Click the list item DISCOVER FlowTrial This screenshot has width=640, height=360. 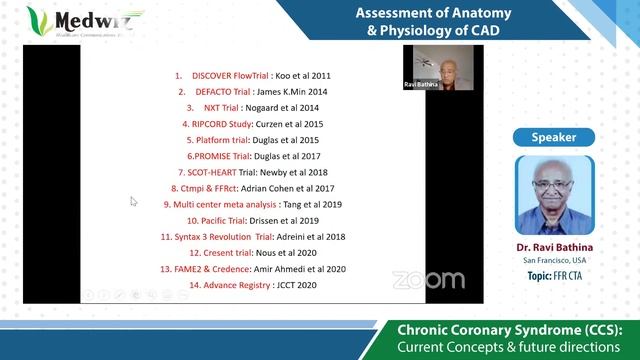pyautogui.click(x=252, y=75)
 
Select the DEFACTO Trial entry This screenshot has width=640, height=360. pyautogui.click(x=252, y=91)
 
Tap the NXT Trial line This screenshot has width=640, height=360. pyautogui.click(x=252, y=107)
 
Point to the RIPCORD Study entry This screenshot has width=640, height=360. pyautogui.click(x=252, y=124)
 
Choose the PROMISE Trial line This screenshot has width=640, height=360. pyautogui.click(x=252, y=156)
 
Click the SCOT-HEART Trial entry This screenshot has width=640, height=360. pyautogui.click(x=252, y=172)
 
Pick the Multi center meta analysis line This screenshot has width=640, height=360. pyautogui.click(x=252, y=204)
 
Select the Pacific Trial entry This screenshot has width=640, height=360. pyautogui.click(x=252, y=220)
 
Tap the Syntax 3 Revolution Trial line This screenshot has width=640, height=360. pyautogui.click(x=252, y=237)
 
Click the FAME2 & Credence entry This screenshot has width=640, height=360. pyautogui.click(x=252, y=269)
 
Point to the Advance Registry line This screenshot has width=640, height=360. pyautogui.click(x=252, y=285)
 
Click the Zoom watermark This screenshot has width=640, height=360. pyautogui.click(x=428, y=280)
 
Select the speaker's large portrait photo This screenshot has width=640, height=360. pyautogui.click(x=558, y=192)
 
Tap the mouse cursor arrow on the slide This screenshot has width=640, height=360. pyautogui.click(x=133, y=201)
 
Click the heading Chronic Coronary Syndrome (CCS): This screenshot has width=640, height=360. pyautogui.click(x=510, y=329)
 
